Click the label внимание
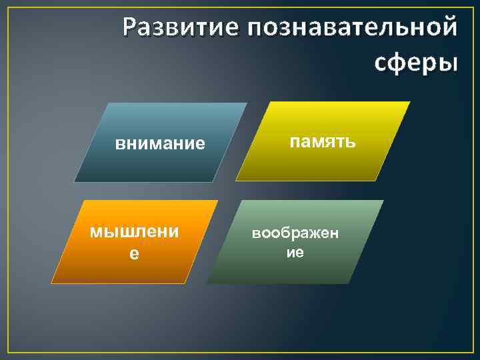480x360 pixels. pyautogui.click(x=160, y=143)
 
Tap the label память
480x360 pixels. pyautogui.click(x=323, y=141)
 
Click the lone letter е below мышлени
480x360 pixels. pyautogui.click(x=134, y=254)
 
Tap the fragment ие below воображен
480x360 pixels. pyautogui.click(x=295, y=253)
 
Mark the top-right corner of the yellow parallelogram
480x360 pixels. pyautogui.click(x=410, y=101)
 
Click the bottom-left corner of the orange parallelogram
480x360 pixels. pyautogui.click(x=51, y=284)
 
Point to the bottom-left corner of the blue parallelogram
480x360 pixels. pyautogui.click(x=74, y=182)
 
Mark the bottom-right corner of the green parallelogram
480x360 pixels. pyautogui.click(x=349, y=284)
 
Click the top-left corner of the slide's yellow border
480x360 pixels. pyautogui.click(x=7, y=7)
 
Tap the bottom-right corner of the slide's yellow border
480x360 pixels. pyautogui.click(x=472, y=352)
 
